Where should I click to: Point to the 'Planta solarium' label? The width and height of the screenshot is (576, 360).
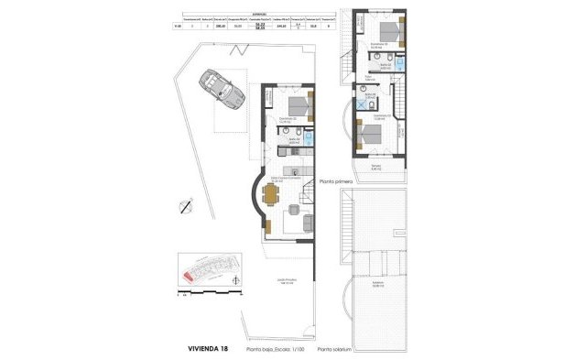335,349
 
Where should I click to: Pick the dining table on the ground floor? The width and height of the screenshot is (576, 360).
271,193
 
